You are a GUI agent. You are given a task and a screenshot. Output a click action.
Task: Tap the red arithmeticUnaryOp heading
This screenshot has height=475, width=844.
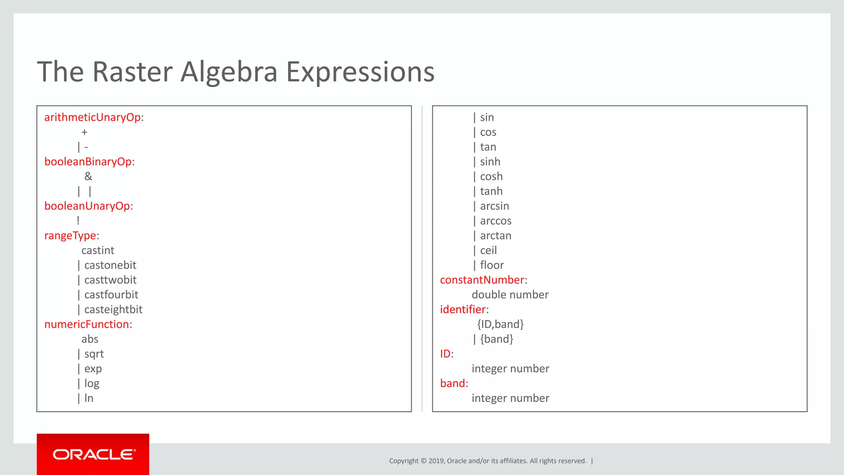(x=92, y=118)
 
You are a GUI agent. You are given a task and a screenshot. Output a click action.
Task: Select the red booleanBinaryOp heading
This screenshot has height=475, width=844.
(x=88, y=162)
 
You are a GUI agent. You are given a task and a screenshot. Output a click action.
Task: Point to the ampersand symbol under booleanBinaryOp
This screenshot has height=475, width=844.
(x=88, y=176)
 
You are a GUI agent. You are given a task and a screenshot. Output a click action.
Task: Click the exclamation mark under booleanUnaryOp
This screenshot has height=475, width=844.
(x=78, y=221)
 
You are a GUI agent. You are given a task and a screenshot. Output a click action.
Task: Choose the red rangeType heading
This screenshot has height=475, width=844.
(x=70, y=236)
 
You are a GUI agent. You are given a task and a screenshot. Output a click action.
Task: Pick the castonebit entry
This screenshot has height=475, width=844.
(x=110, y=265)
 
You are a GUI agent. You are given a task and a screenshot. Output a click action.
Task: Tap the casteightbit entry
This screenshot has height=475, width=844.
(x=113, y=310)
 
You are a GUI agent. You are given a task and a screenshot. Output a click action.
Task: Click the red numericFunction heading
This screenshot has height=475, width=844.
(x=87, y=325)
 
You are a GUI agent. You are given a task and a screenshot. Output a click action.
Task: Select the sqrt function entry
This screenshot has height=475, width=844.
(x=94, y=354)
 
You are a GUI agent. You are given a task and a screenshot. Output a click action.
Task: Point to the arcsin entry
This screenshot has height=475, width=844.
(x=495, y=206)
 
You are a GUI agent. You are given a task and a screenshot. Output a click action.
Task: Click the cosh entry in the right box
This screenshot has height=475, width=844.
(x=491, y=176)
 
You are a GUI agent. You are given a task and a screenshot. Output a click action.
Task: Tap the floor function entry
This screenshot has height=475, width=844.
(x=492, y=265)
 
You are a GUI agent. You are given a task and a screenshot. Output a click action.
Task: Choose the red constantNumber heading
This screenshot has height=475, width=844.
(x=482, y=280)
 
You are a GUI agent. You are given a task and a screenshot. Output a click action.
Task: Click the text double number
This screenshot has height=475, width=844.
(x=510, y=295)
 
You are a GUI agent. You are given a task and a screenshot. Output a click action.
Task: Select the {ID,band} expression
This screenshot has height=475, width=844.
(x=500, y=325)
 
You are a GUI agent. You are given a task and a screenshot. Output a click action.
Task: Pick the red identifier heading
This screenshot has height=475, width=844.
(x=463, y=310)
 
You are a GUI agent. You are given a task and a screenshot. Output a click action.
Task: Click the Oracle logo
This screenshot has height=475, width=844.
(x=93, y=454)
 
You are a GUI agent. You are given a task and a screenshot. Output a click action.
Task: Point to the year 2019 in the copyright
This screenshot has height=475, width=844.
(x=436, y=461)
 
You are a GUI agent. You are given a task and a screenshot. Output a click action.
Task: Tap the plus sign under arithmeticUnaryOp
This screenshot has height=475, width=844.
(x=84, y=132)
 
